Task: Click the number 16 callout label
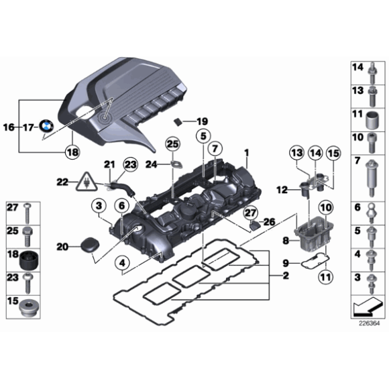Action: [x=9, y=126]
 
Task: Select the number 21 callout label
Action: [x=108, y=165]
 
